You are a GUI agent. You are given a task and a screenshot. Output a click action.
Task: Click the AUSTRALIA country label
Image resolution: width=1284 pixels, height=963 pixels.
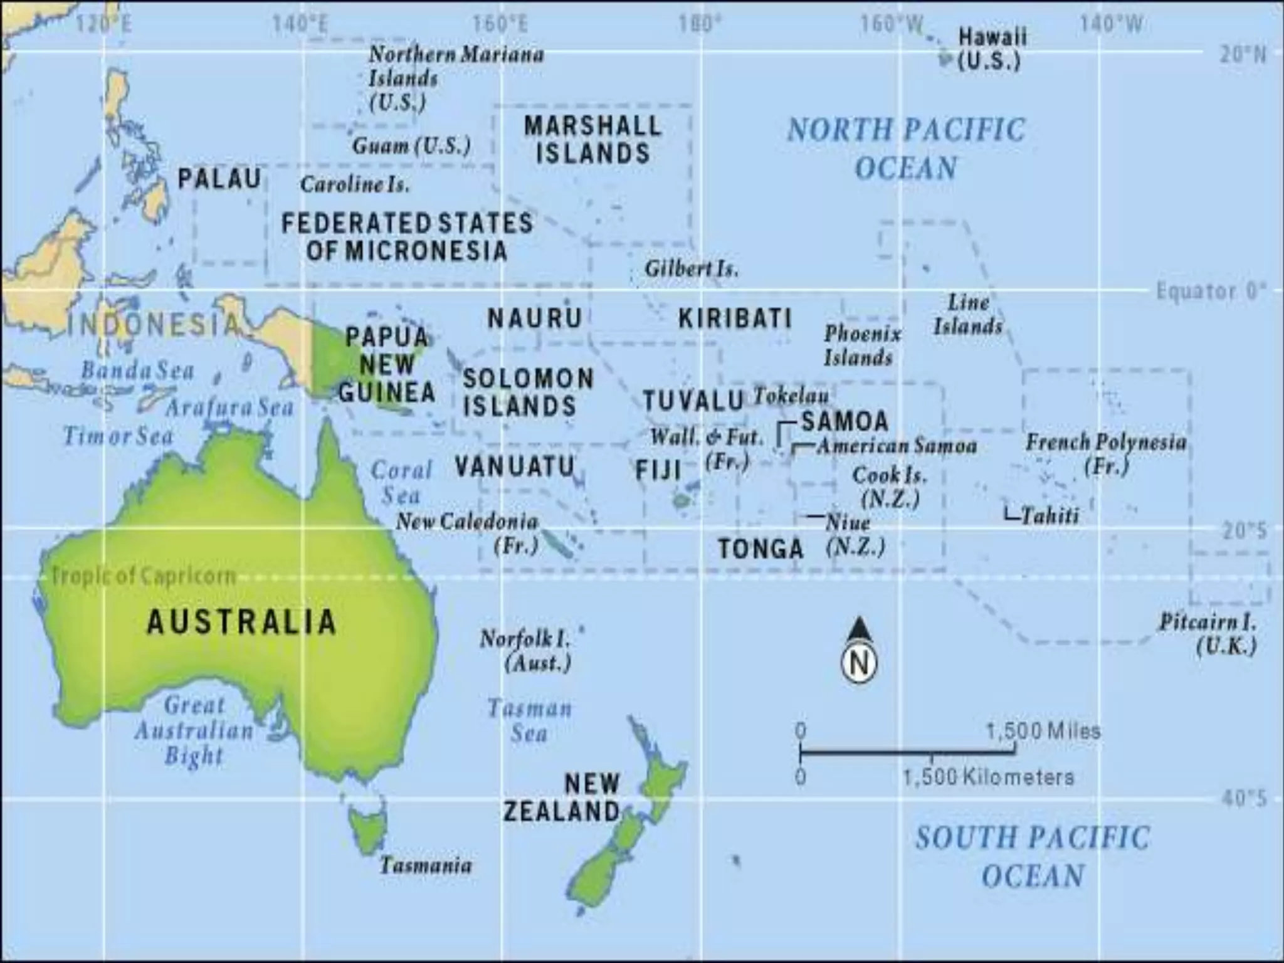click(x=241, y=622)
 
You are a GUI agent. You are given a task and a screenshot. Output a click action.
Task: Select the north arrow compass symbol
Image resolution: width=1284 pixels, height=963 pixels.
click(x=858, y=652)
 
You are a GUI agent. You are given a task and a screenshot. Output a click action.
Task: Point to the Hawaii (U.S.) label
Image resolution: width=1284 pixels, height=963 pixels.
click(x=991, y=49)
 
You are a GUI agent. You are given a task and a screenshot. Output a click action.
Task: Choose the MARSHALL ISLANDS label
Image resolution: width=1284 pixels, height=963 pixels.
click(x=592, y=140)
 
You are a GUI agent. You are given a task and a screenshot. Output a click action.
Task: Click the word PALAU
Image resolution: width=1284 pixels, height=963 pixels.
click(x=219, y=179)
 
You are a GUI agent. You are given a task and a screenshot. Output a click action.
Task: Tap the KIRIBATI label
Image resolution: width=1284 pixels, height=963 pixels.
click(x=735, y=319)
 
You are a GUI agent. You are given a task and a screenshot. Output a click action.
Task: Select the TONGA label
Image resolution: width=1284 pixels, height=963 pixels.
click(x=760, y=549)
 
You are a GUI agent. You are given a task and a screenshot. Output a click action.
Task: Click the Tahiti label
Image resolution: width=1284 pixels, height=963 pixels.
click(x=1050, y=515)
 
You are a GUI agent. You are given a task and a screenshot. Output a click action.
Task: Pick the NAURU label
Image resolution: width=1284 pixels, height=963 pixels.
click(x=535, y=318)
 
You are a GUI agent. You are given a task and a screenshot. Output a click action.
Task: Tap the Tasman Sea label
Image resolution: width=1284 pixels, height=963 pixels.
click(x=530, y=721)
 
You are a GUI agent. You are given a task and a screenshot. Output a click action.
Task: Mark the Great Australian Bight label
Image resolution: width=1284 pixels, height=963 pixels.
click(x=194, y=730)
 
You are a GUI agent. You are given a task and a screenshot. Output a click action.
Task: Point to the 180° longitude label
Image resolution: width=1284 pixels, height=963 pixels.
click(x=700, y=24)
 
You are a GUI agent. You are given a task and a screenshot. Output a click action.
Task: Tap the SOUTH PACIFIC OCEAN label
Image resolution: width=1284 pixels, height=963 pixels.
click(x=1033, y=856)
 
